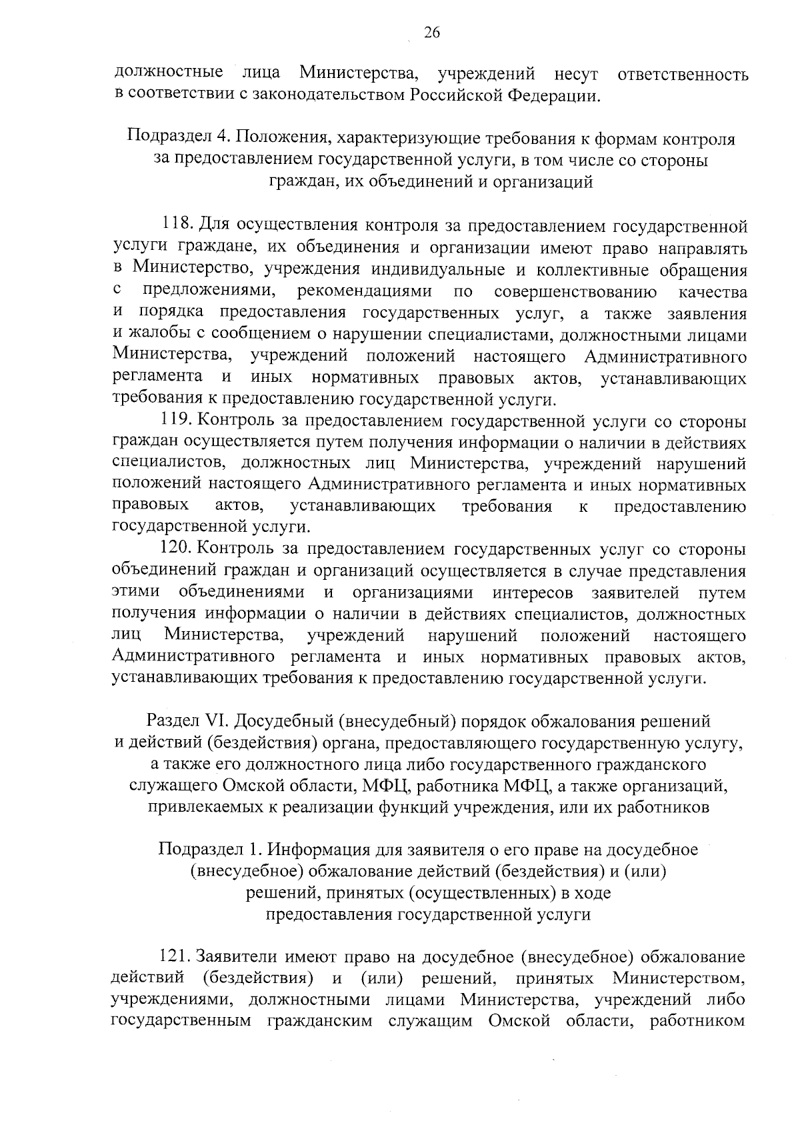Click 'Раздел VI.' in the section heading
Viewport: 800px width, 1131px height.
click(x=189, y=721)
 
